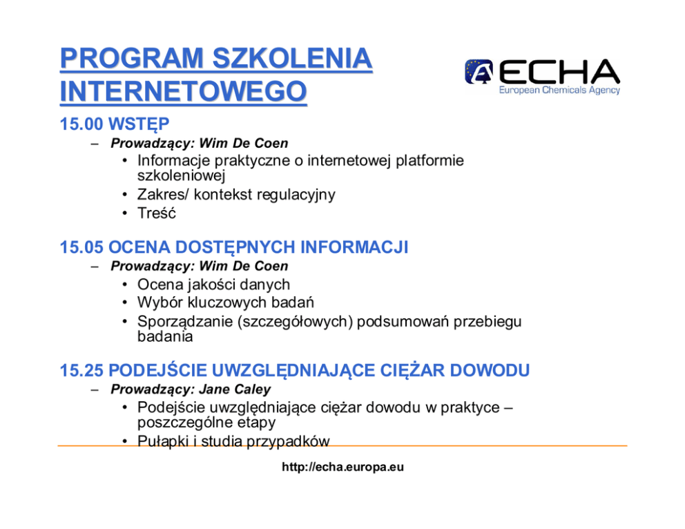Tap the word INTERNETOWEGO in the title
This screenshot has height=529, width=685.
tap(184, 91)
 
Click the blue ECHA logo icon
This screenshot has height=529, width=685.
tap(479, 71)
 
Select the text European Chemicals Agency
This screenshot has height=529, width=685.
tap(559, 90)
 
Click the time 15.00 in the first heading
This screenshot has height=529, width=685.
tap(81, 124)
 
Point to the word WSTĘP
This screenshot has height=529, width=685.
tap(139, 124)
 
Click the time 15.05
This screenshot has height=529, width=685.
tap(81, 247)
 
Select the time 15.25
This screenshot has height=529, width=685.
tap(81, 370)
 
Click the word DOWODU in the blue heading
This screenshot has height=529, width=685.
tap(490, 370)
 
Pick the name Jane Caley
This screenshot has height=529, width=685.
tap(235, 389)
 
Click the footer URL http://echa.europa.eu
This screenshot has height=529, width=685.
tap(343, 467)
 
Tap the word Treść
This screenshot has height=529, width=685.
tap(156, 213)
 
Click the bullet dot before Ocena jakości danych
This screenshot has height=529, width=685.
tap(125, 285)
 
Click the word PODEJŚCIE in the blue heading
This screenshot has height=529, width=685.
tap(157, 370)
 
